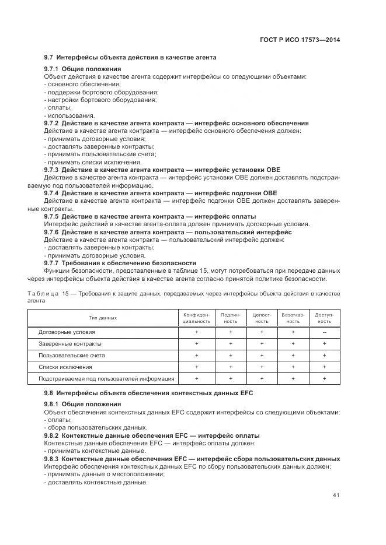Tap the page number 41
point(336,495)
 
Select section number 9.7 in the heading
point(49,57)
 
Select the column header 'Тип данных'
point(103,318)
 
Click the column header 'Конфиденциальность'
point(196,318)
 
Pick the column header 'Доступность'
point(324,318)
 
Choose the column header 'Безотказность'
point(293,318)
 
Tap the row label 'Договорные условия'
point(67,332)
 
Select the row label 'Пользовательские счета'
point(72,355)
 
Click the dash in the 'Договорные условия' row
point(324,332)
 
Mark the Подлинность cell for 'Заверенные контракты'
point(231,343)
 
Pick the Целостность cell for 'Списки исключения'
point(262,367)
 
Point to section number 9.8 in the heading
point(49,393)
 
